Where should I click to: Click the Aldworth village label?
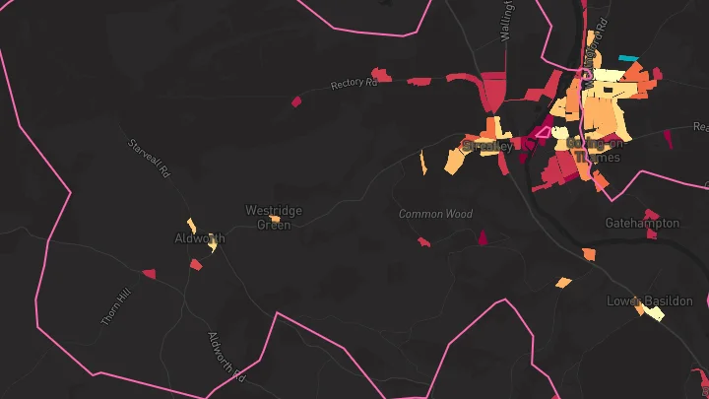point(199,238)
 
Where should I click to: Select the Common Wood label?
point(435,214)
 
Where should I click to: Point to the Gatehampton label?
point(642,223)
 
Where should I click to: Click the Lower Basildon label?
point(650,300)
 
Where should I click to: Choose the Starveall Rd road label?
point(150,159)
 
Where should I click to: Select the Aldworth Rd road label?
point(226,356)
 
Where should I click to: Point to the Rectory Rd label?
point(354,85)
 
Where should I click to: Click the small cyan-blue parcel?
point(626,58)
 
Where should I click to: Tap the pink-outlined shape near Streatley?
point(543,130)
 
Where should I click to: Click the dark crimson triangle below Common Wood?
point(483,237)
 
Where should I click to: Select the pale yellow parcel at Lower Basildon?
point(654,315)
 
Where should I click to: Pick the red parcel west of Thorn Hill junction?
point(149,274)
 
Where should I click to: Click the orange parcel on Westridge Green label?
point(275,219)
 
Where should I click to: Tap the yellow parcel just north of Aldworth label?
point(192,225)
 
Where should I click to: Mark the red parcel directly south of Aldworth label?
point(196,264)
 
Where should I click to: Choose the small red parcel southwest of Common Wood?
point(423,241)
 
